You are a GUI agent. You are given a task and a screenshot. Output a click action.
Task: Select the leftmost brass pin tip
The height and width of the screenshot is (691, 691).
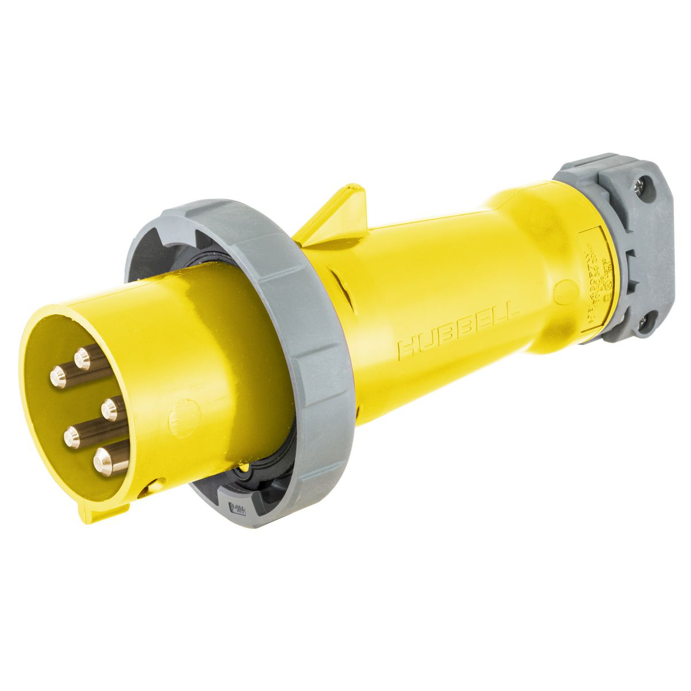58,377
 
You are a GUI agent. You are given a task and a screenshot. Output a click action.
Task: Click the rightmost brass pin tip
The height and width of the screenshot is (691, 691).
110,409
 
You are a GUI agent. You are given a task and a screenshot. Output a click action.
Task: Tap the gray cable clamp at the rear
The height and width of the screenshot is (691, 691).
628,248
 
